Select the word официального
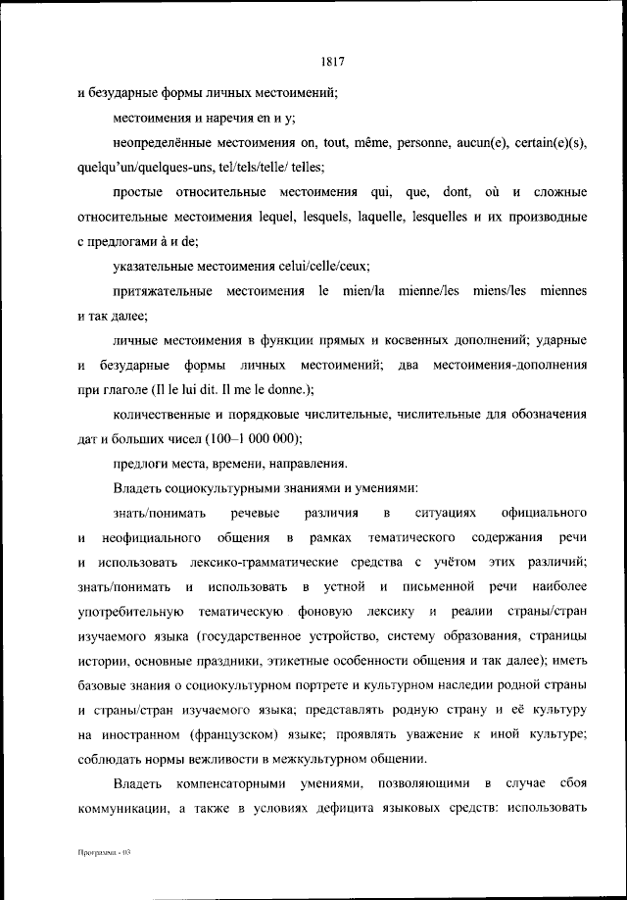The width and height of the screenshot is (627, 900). click(543, 513)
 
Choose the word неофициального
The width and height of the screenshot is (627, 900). click(150, 537)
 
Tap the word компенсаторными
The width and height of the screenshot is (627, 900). click(237, 783)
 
